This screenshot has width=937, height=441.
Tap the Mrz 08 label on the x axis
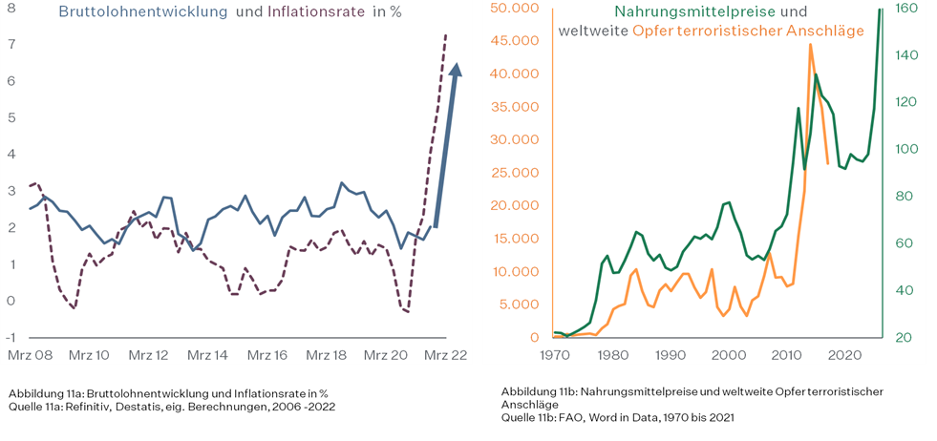(29, 355)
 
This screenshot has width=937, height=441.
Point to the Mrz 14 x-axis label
(207, 355)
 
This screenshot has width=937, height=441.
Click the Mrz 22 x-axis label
(445, 355)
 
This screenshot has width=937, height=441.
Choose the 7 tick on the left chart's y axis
(11, 45)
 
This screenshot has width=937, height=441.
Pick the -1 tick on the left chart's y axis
(11, 337)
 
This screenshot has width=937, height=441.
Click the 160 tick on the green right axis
(905, 9)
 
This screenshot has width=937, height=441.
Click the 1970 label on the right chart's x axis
(554, 355)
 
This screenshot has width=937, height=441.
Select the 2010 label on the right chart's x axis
(786, 355)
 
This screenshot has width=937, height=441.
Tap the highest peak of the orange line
(810, 45)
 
